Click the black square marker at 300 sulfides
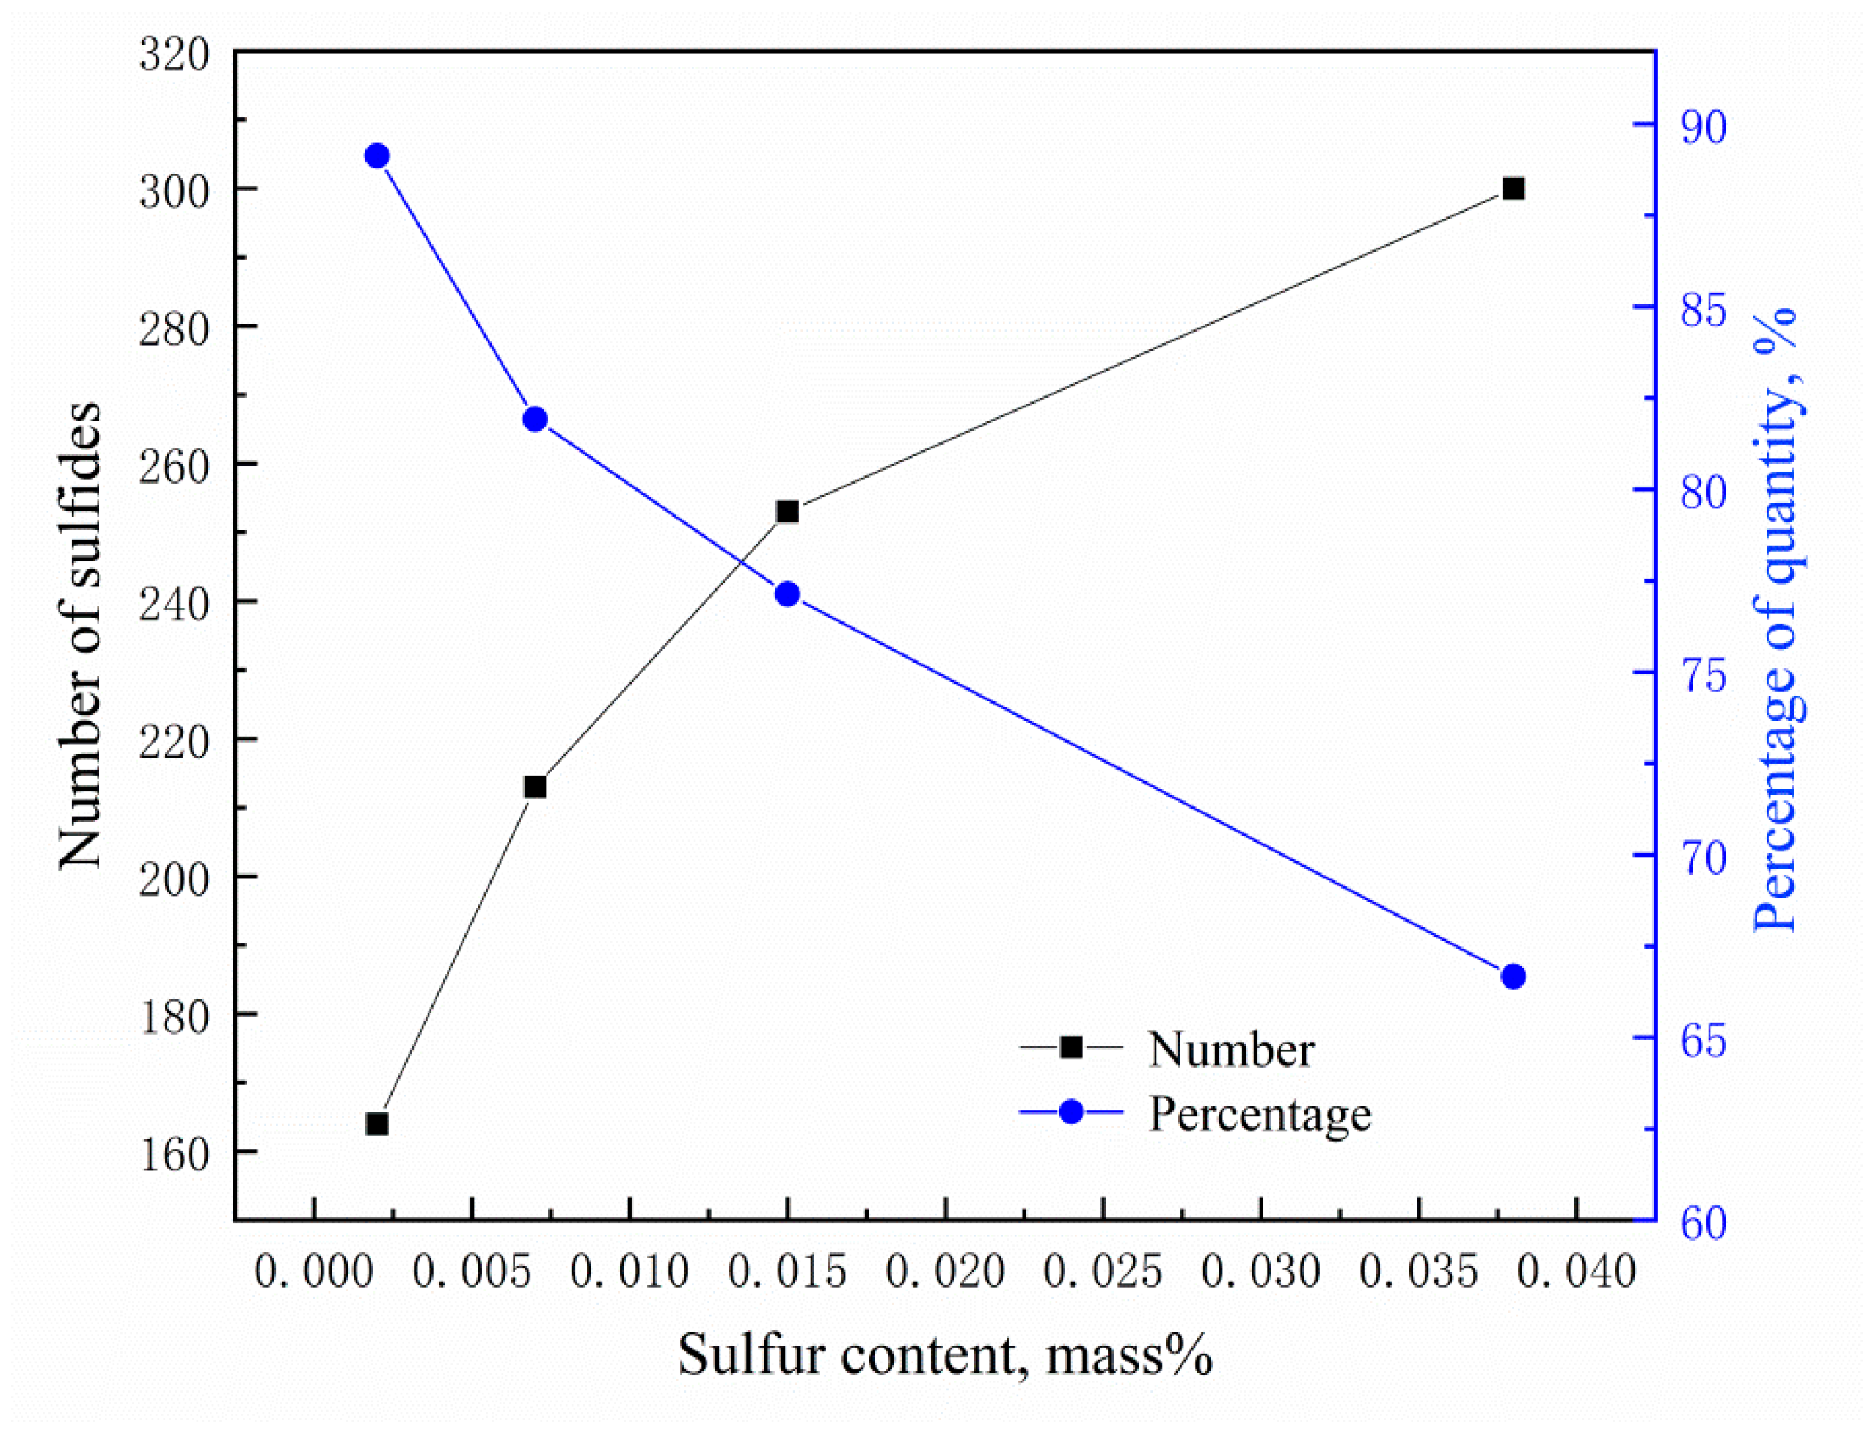(1514, 189)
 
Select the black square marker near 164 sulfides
(377, 1123)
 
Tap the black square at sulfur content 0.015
(787, 512)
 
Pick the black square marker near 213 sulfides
(535, 787)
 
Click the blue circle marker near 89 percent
(377, 156)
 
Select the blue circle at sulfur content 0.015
(787, 594)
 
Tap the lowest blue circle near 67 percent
(1514, 976)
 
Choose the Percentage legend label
(1259, 1113)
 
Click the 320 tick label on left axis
(174, 56)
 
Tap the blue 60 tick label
(1702, 1223)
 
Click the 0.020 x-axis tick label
(945, 1272)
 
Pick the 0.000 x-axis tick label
(314, 1272)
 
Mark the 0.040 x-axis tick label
(1577, 1272)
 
